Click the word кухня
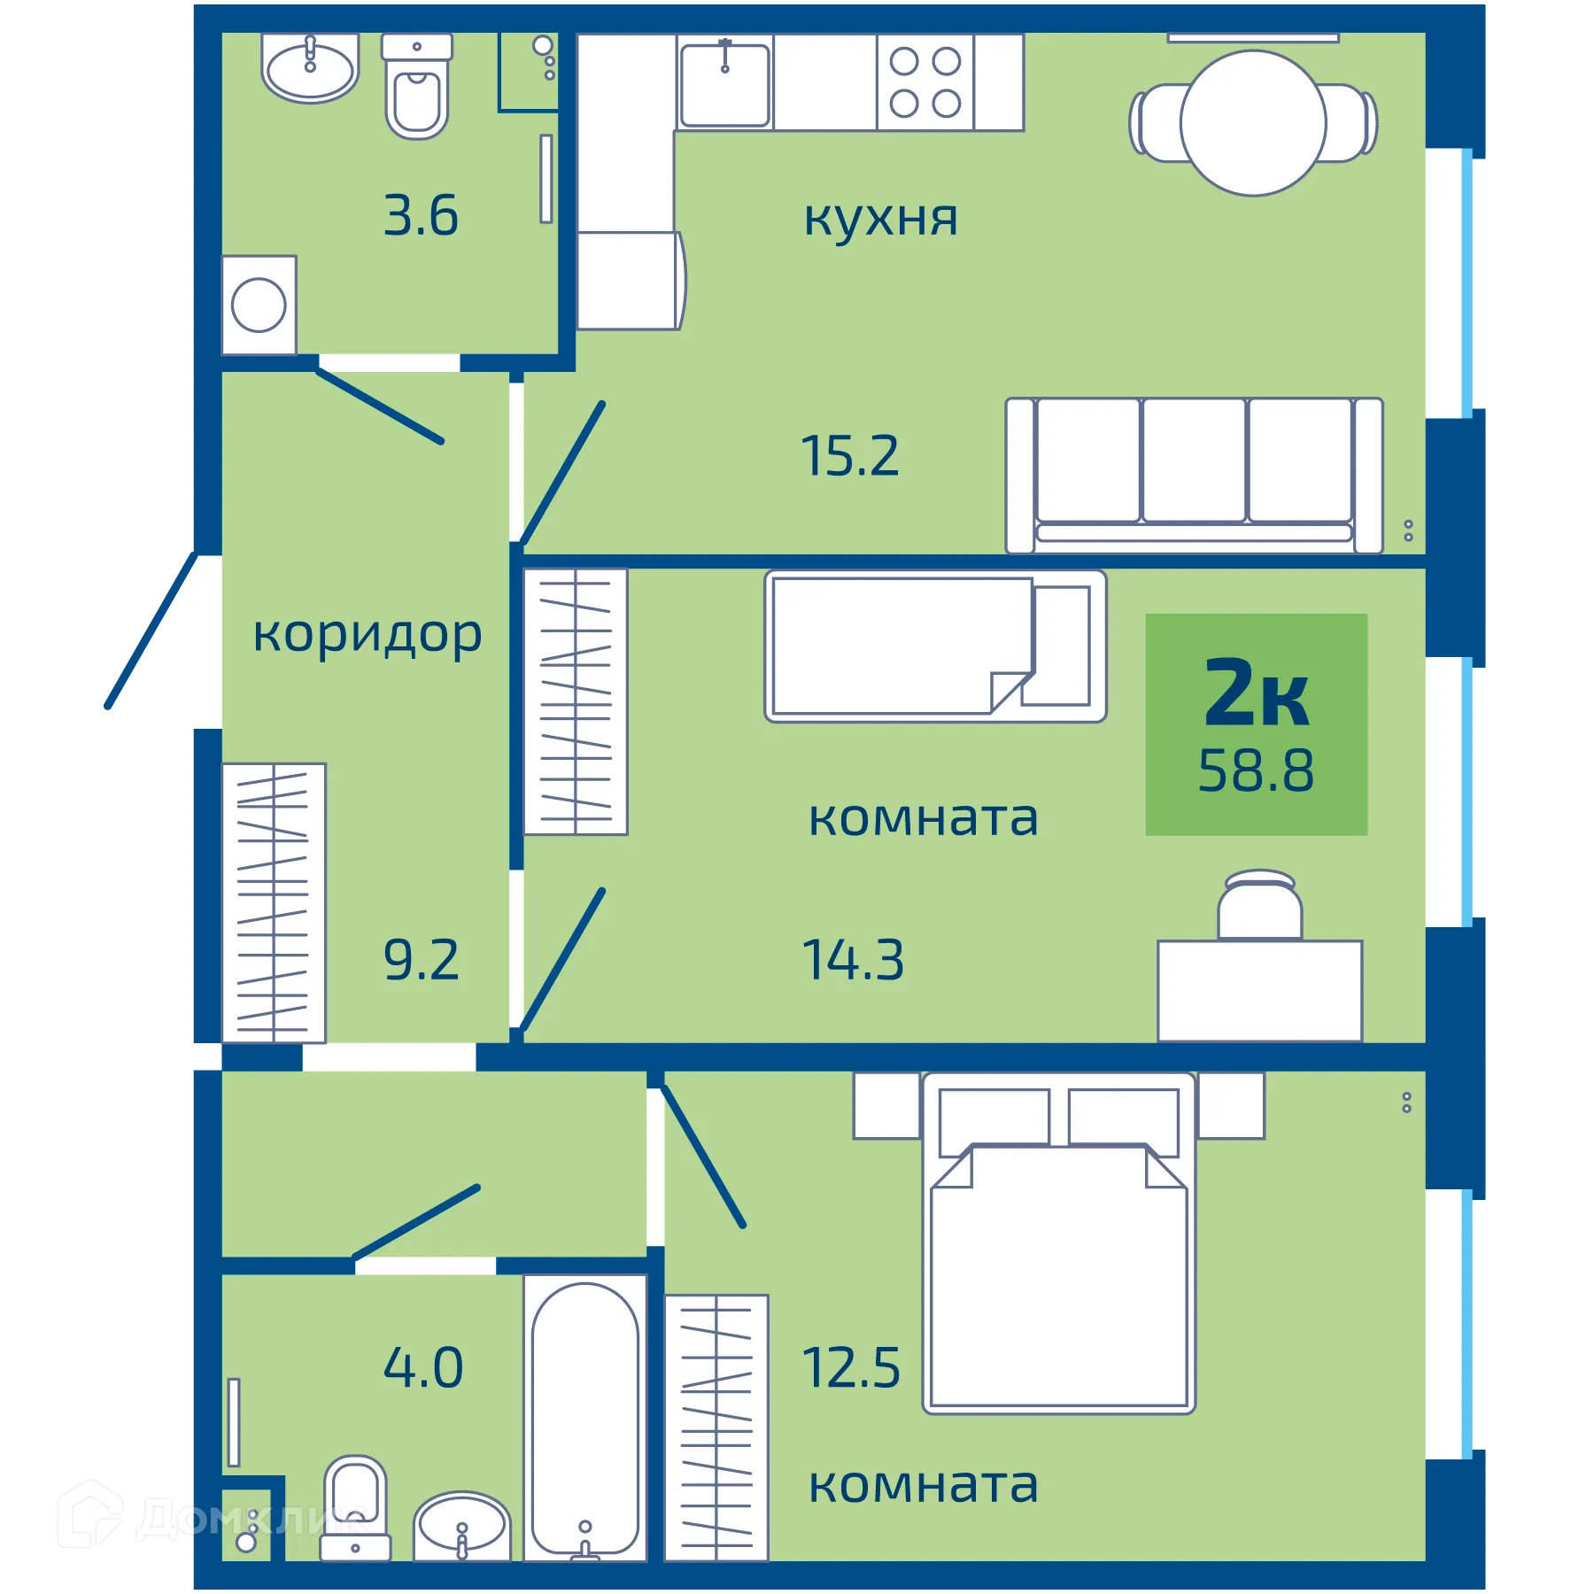point(880,218)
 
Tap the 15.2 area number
point(849,457)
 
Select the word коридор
point(367,635)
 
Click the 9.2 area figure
point(421,961)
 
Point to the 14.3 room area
point(852,961)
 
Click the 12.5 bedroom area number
point(850,1368)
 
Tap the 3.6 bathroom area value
point(421,216)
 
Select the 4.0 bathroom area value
point(422,1368)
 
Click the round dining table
point(1252,123)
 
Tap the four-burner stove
point(925,83)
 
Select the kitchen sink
point(724,85)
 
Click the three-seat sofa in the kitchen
point(1193,476)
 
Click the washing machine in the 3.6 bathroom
point(259,306)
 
